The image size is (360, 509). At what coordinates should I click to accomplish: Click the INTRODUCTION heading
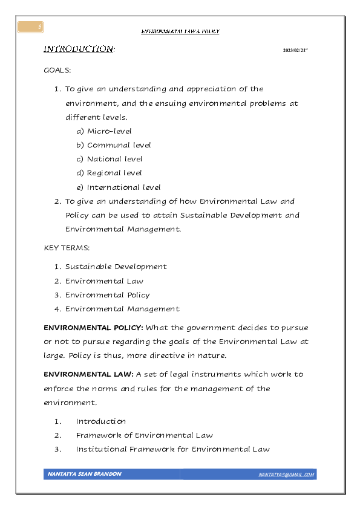pyautogui.click(x=79, y=49)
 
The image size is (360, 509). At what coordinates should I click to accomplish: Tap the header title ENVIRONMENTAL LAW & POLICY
pyautogui.click(x=180, y=31)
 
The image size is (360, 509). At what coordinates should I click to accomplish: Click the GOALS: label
pyautogui.click(x=57, y=70)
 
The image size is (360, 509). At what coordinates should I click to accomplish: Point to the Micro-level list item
pyautogui.click(x=109, y=131)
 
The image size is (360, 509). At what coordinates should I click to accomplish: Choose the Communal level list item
pyautogui.click(x=119, y=145)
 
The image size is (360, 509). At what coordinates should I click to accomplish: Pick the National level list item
pyautogui.click(x=114, y=159)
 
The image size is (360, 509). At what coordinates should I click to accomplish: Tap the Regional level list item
pyautogui.click(x=114, y=173)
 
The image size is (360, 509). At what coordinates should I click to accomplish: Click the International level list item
pyautogui.click(x=123, y=187)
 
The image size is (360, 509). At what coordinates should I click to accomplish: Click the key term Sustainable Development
pyautogui.click(x=116, y=267)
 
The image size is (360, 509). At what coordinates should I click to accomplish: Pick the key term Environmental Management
pyautogui.click(x=122, y=309)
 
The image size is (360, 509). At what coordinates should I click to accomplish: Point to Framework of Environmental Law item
pyautogui.click(x=144, y=435)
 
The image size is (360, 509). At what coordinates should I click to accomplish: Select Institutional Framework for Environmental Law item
pyautogui.click(x=172, y=449)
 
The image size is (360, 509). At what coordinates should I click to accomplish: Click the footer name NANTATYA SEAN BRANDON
pyautogui.click(x=84, y=475)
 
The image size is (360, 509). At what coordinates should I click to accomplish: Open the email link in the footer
pyautogui.click(x=286, y=475)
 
